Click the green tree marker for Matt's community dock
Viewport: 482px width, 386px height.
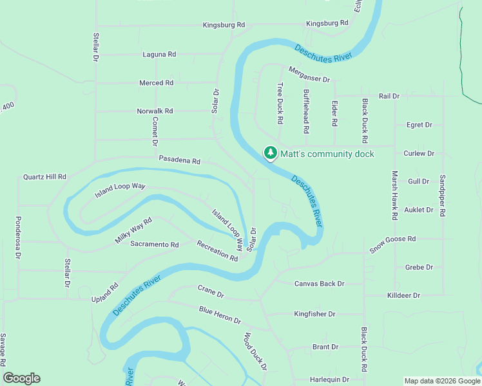(x=271, y=154)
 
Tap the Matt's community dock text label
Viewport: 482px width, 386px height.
(x=327, y=154)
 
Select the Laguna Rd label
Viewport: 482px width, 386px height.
(x=159, y=55)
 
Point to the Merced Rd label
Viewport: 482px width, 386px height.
(x=157, y=83)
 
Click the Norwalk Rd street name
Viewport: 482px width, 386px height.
(x=155, y=111)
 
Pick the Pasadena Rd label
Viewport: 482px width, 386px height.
(x=180, y=160)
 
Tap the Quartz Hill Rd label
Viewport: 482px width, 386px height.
(x=44, y=176)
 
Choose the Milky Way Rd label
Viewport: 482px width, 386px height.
(x=133, y=230)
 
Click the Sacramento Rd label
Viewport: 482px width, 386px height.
(x=154, y=244)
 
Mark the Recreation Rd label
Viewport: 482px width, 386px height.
(x=217, y=251)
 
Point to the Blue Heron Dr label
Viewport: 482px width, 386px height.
(x=220, y=315)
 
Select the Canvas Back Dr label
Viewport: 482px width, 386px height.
(x=320, y=283)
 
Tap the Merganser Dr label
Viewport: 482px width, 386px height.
(x=309, y=75)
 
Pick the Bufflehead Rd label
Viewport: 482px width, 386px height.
(x=306, y=111)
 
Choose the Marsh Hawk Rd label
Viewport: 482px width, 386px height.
(x=394, y=195)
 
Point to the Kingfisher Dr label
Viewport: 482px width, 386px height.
(x=314, y=314)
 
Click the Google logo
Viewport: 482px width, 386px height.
(x=21, y=378)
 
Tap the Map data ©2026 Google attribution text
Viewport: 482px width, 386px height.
(x=441, y=381)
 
